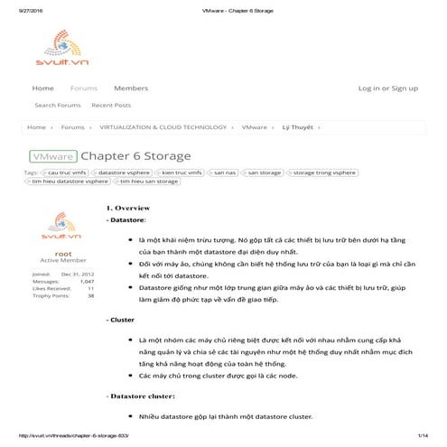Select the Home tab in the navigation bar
pyautogui.click(x=42, y=88)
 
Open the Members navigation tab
pyautogui.click(x=131, y=88)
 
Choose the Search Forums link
pyautogui.click(x=58, y=106)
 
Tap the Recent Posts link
pyautogui.click(x=111, y=106)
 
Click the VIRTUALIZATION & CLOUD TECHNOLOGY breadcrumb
pyautogui.click(x=163, y=128)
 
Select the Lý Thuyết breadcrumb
pyautogui.click(x=297, y=128)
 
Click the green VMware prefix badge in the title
pyautogui.click(x=53, y=155)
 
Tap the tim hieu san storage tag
pyautogui.click(x=149, y=182)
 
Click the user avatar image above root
pyautogui.click(x=57, y=228)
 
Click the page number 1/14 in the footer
pyautogui.click(x=422, y=436)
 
